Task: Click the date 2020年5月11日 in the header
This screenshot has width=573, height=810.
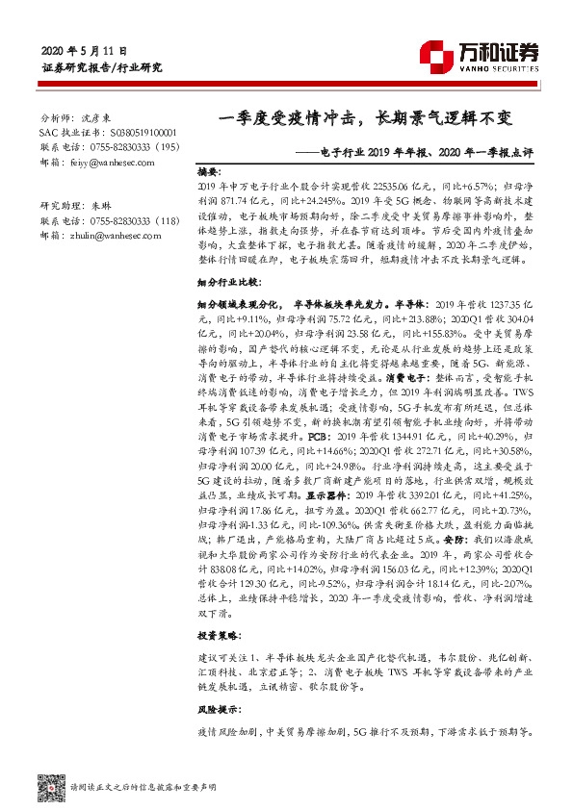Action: click(85, 50)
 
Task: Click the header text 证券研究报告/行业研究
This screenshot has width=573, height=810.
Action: click(103, 68)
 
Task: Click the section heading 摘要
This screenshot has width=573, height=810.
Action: click(210, 165)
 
